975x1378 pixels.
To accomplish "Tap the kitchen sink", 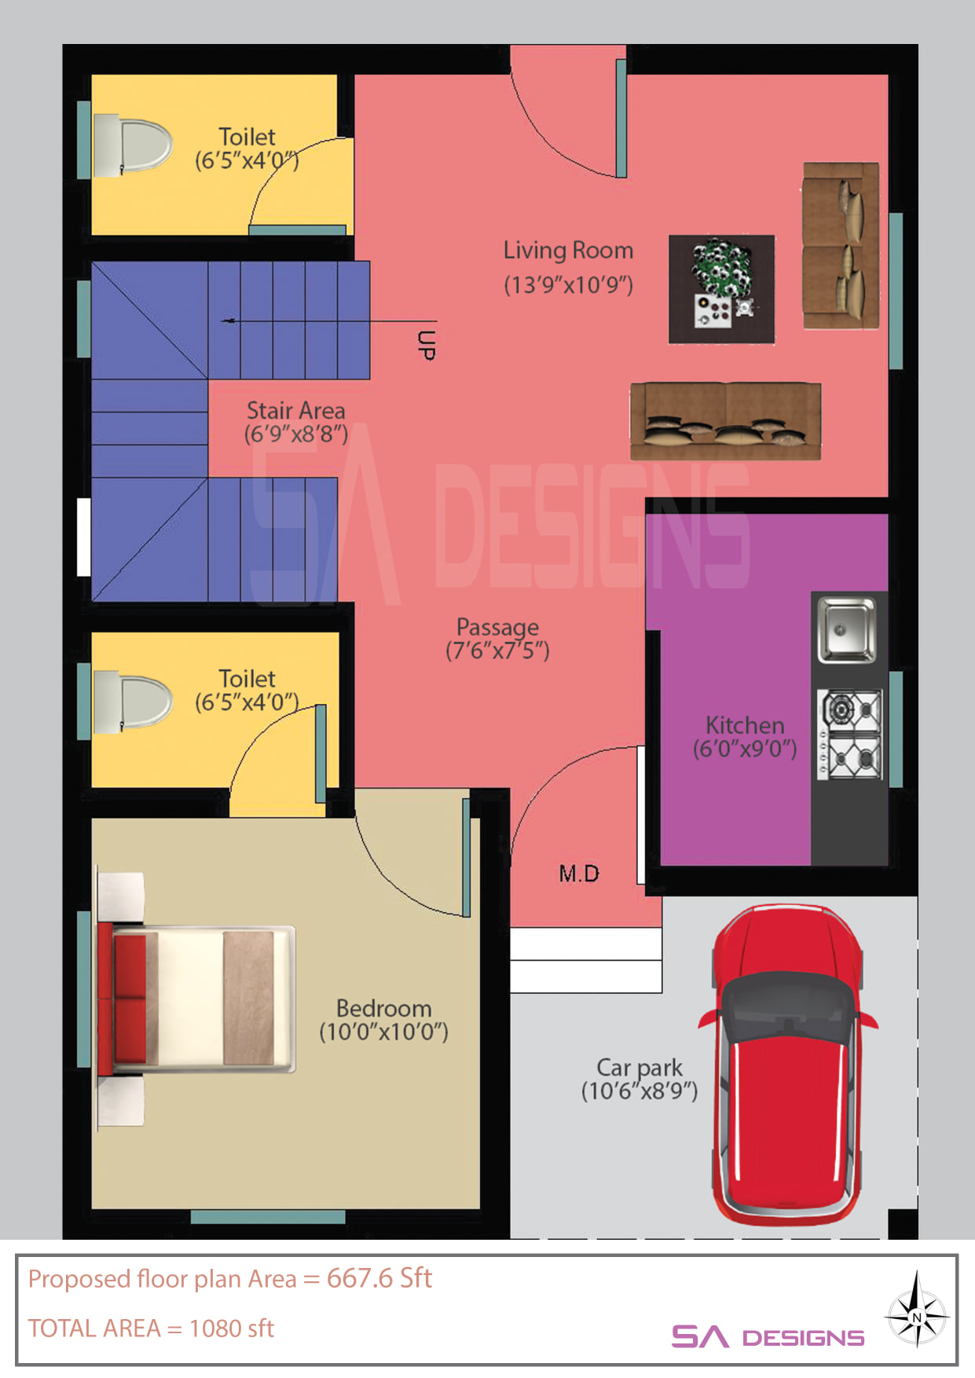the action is pos(846,629).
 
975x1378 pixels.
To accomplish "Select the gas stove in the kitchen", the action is pos(849,735).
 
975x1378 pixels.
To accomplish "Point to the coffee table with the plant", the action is pos(721,289).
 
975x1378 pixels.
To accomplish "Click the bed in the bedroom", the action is pos(196,999).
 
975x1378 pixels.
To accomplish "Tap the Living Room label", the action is pos(568,251).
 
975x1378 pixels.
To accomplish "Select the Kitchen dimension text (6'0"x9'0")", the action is pos(745,749).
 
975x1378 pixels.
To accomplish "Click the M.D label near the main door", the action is pos(579,874).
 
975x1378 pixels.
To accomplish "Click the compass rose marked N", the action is pos(917,1317).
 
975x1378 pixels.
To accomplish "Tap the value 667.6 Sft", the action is pos(379,1279).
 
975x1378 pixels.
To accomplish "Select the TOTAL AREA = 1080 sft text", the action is pos(151,1329).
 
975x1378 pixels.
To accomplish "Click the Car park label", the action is pos(640,1068).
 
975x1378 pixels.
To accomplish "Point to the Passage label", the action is pos(497,627).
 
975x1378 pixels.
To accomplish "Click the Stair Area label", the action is pos(295,410).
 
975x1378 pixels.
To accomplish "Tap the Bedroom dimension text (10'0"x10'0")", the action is pos(383,1032).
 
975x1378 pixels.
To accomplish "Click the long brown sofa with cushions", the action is pos(726,421).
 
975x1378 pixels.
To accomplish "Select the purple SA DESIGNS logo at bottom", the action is pos(768,1336).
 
